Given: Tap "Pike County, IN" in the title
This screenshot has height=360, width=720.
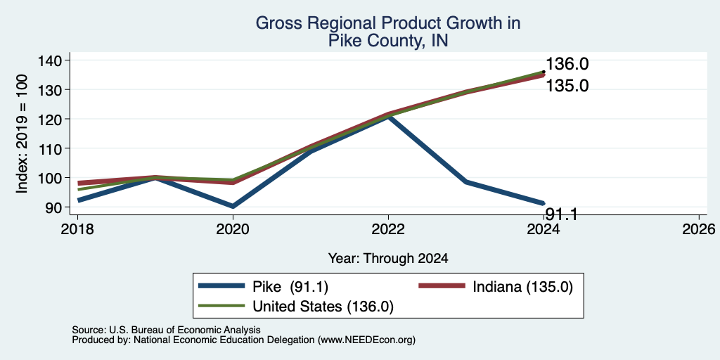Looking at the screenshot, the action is click(x=388, y=41).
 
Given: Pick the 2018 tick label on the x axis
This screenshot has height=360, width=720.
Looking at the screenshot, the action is click(x=77, y=229).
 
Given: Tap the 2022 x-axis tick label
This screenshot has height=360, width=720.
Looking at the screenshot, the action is click(x=388, y=229).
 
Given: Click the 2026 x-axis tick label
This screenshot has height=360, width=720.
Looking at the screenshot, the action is click(x=700, y=229).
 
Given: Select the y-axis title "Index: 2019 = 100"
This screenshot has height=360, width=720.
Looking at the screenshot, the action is click(x=22, y=134).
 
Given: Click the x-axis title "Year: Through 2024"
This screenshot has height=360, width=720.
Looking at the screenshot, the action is click(x=388, y=259).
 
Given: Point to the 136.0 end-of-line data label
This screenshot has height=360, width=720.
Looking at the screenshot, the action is click(x=567, y=64).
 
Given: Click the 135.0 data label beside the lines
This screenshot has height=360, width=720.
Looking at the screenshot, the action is click(x=567, y=86).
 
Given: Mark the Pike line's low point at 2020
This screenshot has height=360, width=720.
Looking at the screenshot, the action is click(x=233, y=206).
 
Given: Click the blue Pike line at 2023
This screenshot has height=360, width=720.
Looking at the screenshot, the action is click(x=466, y=182).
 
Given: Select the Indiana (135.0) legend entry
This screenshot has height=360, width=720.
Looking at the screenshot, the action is click(x=496, y=288).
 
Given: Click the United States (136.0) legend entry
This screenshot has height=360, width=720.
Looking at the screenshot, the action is click(x=296, y=307).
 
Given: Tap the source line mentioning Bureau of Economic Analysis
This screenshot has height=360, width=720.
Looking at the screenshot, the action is click(x=166, y=330).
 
